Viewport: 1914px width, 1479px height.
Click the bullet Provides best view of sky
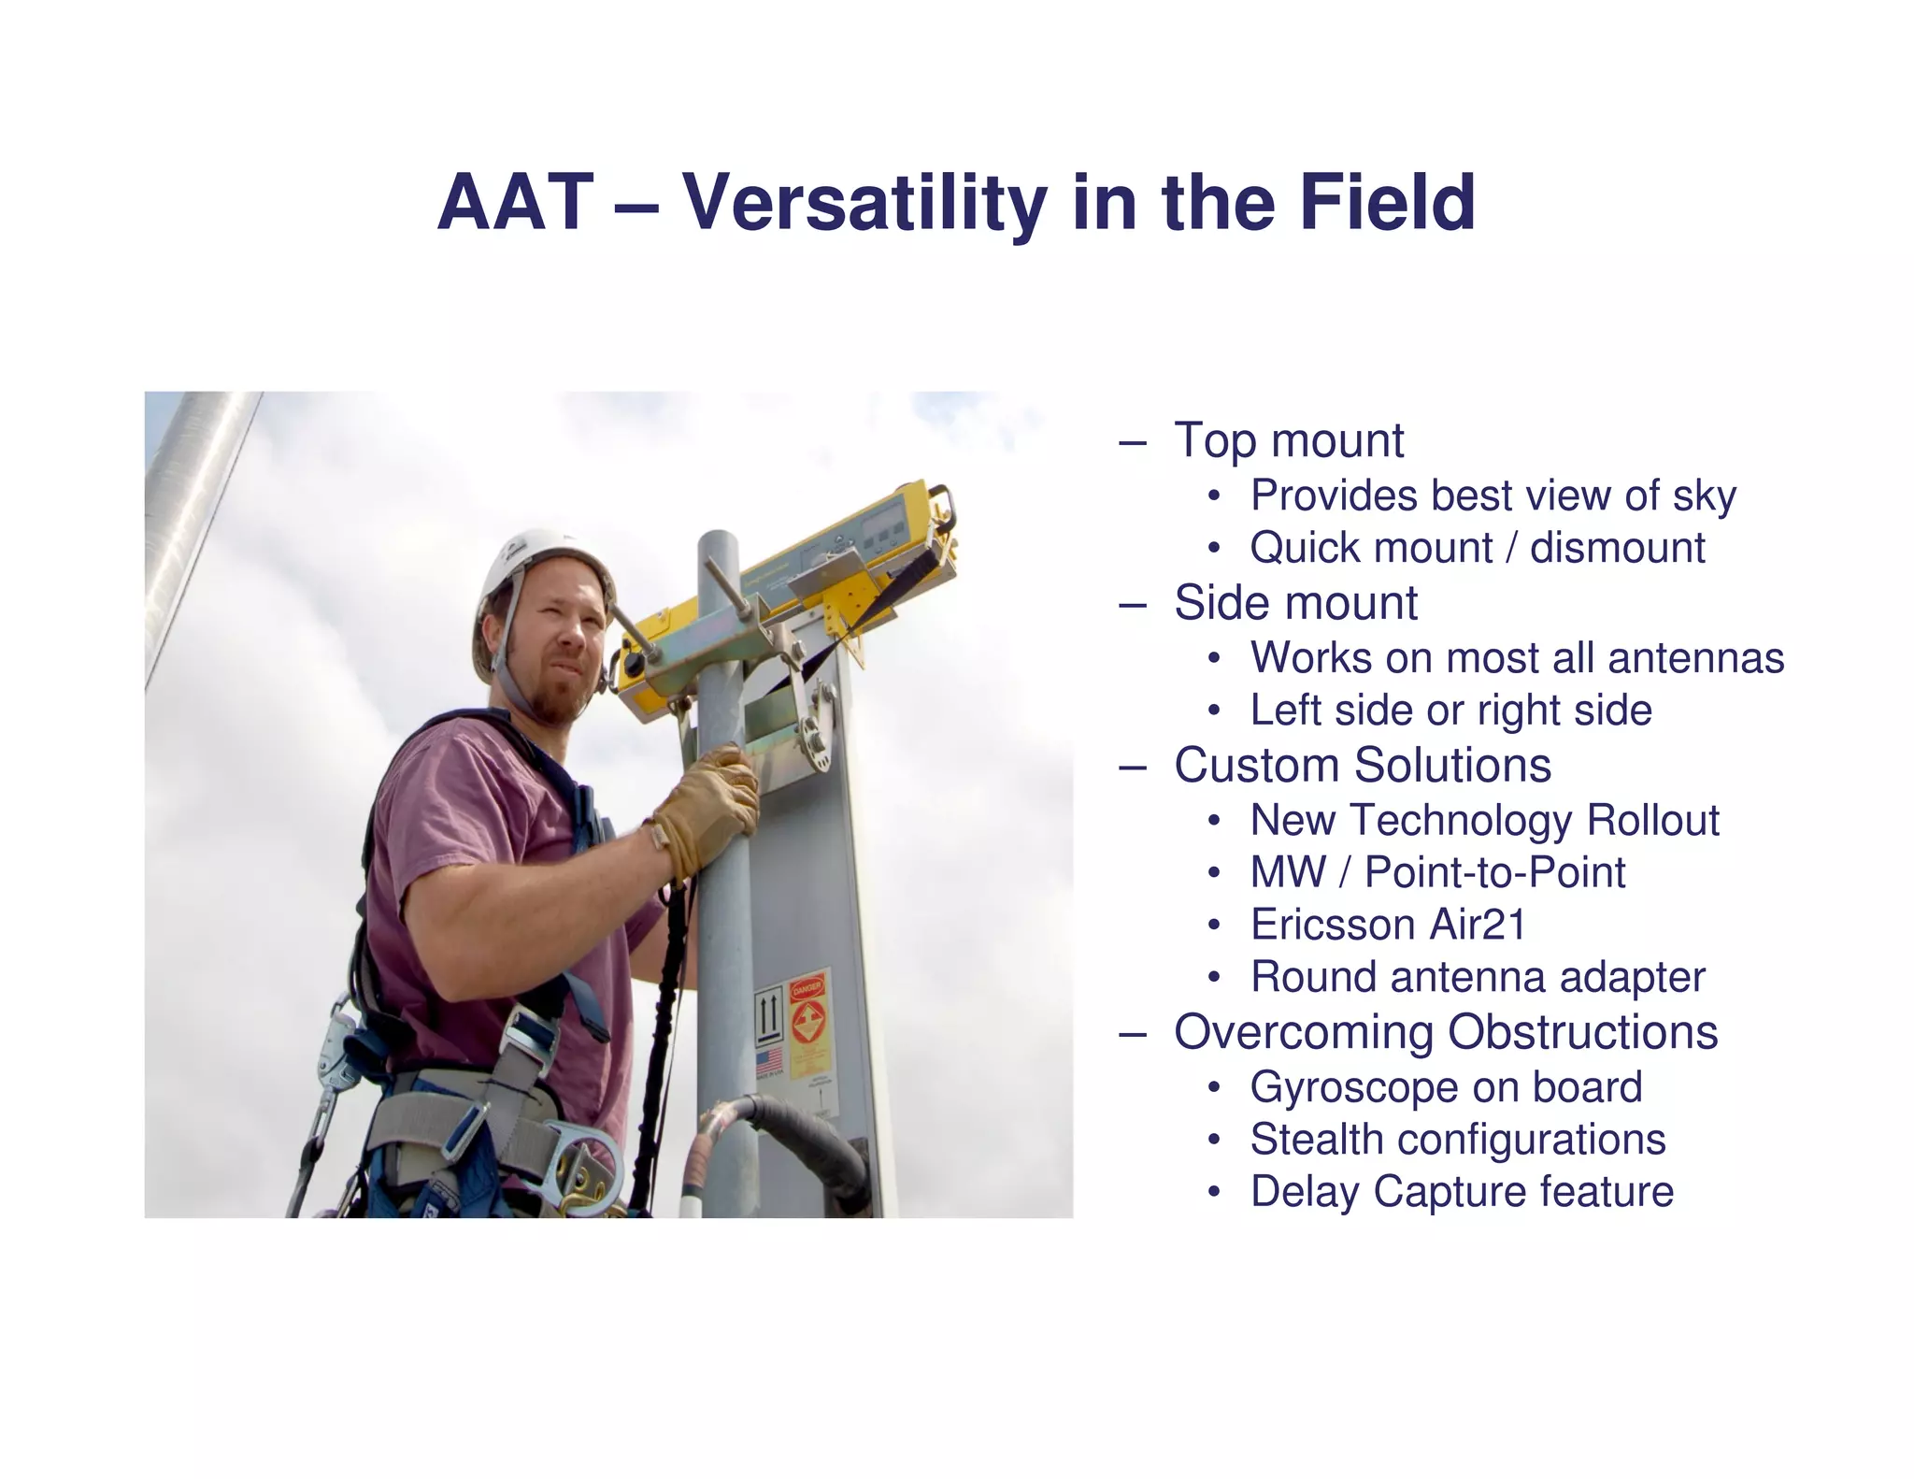pyautogui.click(x=1493, y=495)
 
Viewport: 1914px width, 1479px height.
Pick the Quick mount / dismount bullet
pyautogui.click(x=1478, y=548)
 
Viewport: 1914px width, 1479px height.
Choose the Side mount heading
pyautogui.click(x=1295, y=603)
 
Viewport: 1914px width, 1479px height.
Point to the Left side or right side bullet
pyautogui.click(x=1450, y=711)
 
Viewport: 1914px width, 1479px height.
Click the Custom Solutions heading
pyautogui.click(x=1362, y=766)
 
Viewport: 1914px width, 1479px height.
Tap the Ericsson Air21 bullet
pyautogui.click(x=1388, y=925)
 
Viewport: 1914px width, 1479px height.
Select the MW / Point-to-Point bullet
pyautogui.click(x=1437, y=872)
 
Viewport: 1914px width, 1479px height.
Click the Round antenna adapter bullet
pyautogui.click(x=1478, y=978)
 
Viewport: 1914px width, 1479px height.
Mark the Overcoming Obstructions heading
pyautogui.click(x=1445, y=1033)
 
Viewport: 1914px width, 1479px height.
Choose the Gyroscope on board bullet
pyautogui.click(x=1445, y=1087)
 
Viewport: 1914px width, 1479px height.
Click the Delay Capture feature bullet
pyautogui.click(x=1462, y=1192)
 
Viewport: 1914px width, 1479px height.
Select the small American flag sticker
pyautogui.click(x=768, y=1061)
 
